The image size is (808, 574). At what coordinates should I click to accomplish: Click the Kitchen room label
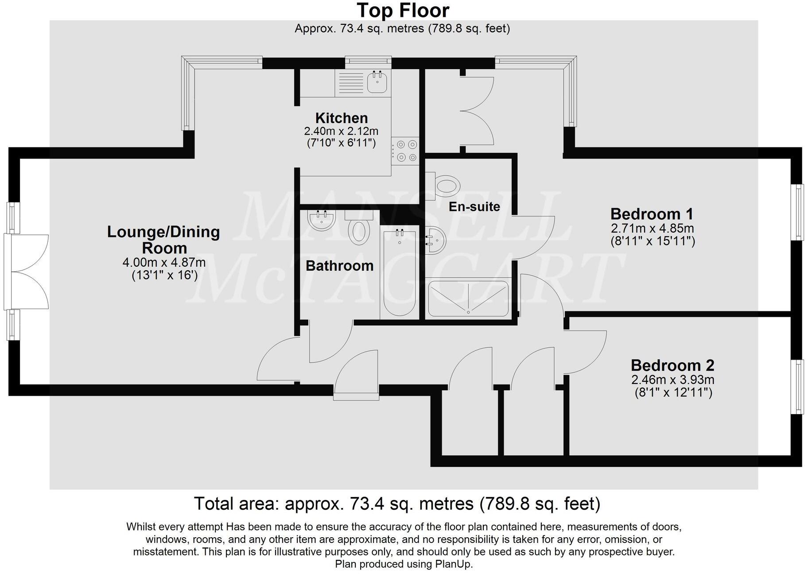point(341,118)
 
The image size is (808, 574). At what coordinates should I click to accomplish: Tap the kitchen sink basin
point(377,82)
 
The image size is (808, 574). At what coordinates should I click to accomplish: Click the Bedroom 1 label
point(651,214)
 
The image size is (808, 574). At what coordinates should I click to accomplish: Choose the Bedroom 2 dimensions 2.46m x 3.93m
point(672,380)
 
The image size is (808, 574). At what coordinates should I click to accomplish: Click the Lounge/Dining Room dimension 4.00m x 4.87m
point(164,263)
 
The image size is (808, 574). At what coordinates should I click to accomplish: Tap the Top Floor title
point(403,10)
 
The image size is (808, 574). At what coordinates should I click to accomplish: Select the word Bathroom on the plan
point(339,266)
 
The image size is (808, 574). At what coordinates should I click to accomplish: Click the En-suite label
point(474,206)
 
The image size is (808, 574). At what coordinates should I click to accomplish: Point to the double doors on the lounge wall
point(27,271)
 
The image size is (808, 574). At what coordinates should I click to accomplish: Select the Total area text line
point(397,504)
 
